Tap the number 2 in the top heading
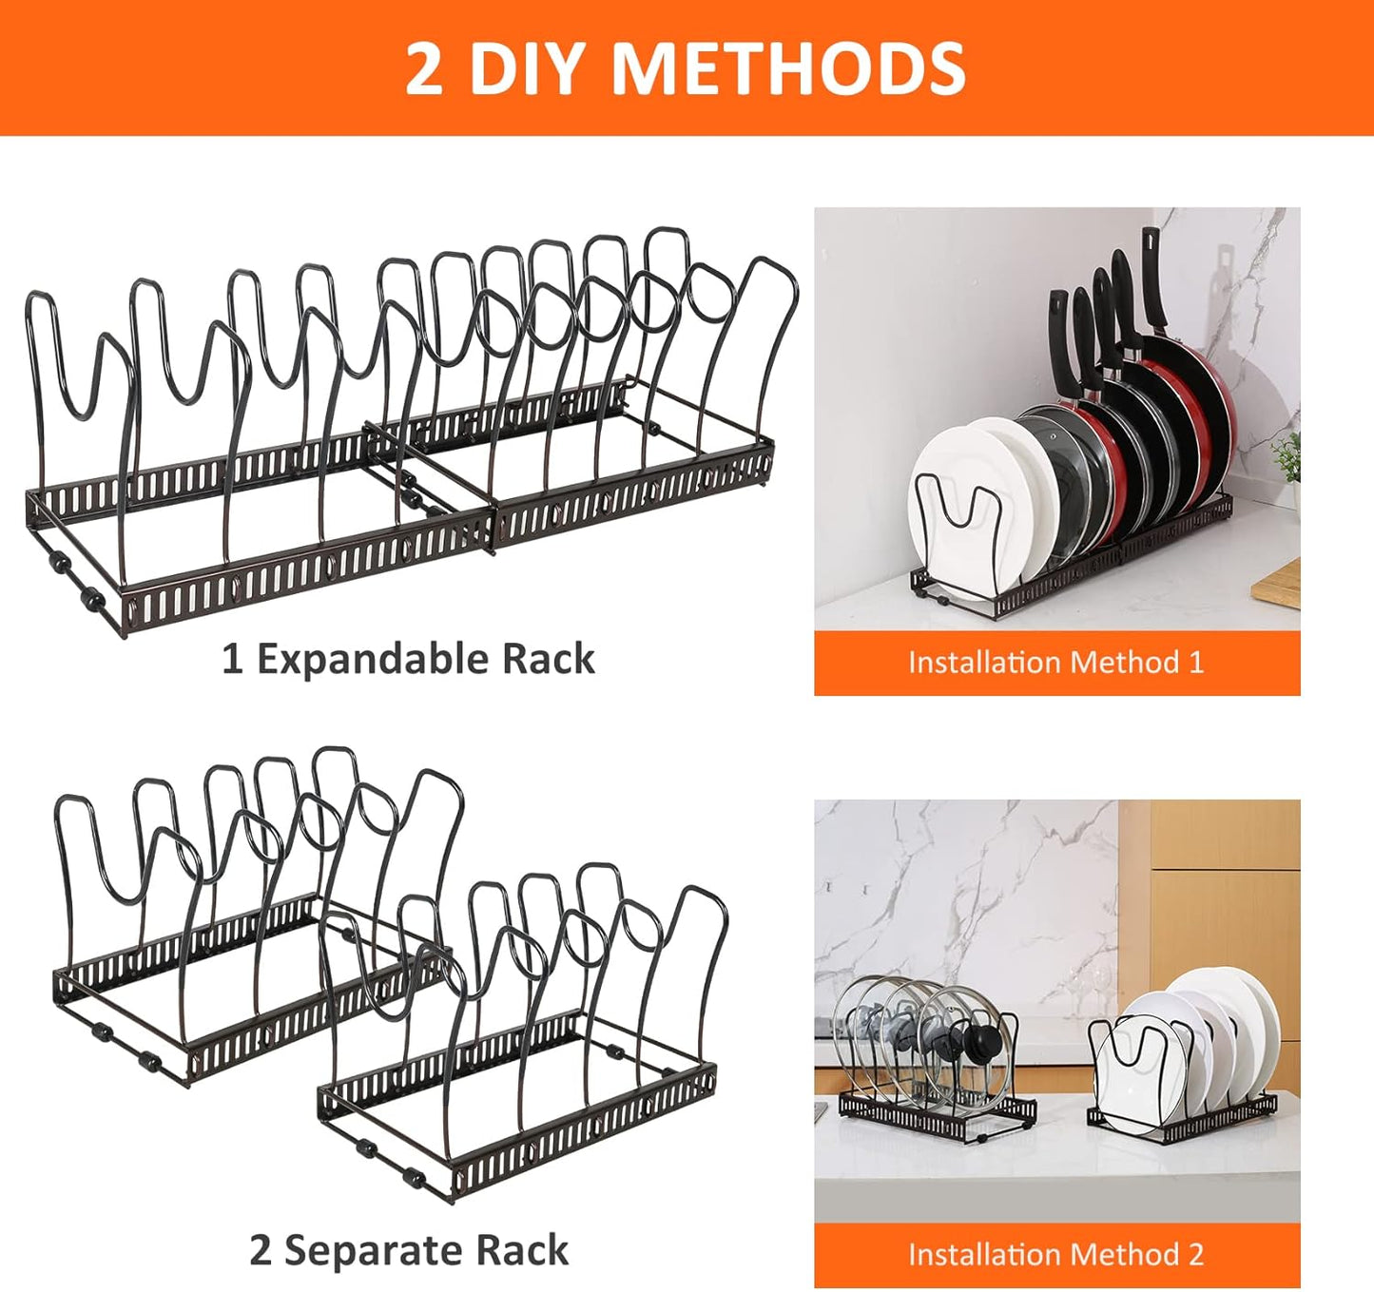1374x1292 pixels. coord(424,68)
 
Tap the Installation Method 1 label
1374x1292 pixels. coord(1055,663)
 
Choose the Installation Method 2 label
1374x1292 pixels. coord(1055,1255)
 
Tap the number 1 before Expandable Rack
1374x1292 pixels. coord(232,659)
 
